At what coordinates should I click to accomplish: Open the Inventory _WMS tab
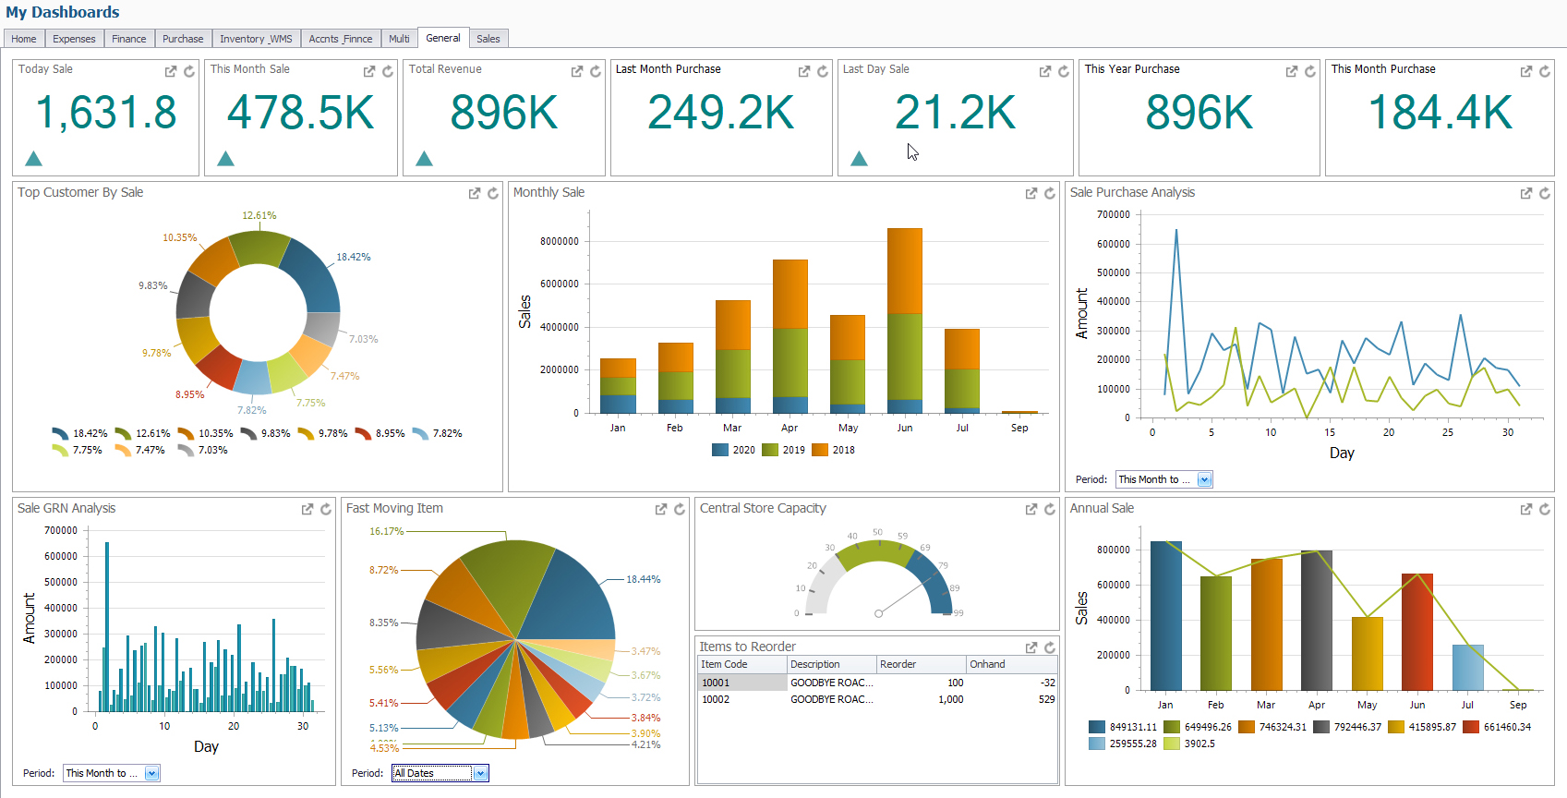[x=256, y=39]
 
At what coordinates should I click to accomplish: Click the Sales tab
[x=488, y=39]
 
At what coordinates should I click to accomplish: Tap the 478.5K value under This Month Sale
[x=301, y=114]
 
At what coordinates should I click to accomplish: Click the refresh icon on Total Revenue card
[x=596, y=71]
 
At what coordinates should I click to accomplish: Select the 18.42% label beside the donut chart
[x=353, y=258]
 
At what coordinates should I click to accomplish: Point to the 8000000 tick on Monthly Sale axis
[x=560, y=242]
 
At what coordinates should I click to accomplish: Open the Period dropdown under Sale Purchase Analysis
[x=1204, y=479]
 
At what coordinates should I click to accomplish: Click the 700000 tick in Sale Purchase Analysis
[x=1113, y=215]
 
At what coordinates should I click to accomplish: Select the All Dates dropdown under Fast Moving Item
[x=440, y=773]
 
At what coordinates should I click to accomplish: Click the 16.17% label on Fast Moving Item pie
[x=386, y=532]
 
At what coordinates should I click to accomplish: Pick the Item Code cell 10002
[x=716, y=699]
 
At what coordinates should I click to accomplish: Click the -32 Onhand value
[x=1047, y=683]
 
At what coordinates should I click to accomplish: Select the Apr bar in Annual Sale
[x=1316, y=620]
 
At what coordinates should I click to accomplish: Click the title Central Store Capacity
[x=763, y=508]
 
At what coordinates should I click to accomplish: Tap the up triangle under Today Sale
[x=34, y=159]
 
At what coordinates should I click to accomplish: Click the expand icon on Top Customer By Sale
[x=475, y=193]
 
